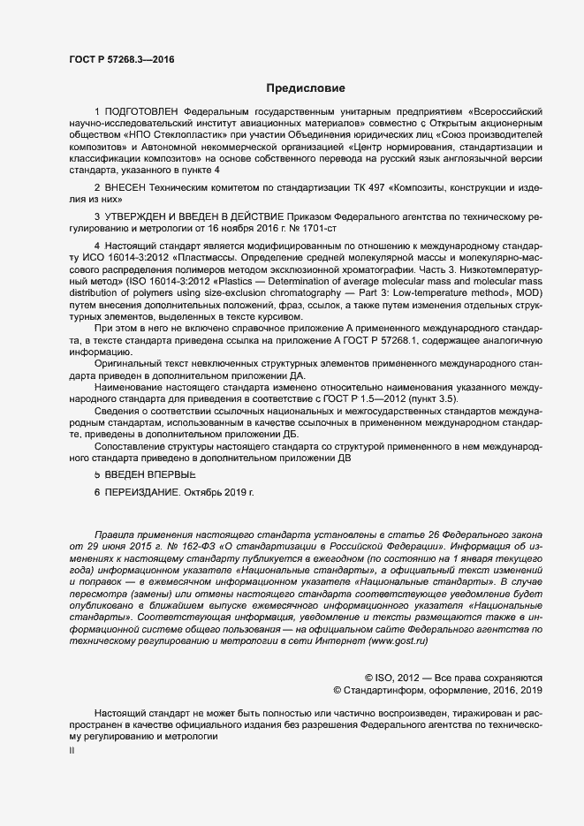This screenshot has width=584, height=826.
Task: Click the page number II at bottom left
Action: click(x=72, y=751)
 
